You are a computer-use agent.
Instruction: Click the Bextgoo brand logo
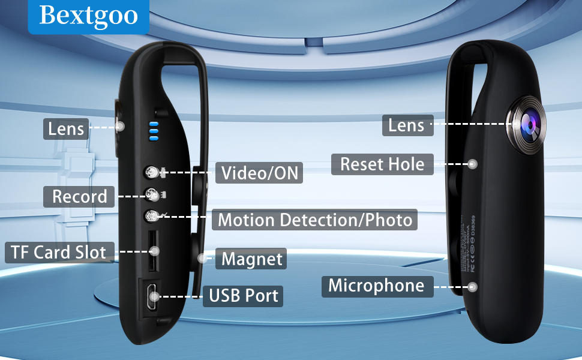[88, 16]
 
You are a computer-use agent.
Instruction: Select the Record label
[79, 196]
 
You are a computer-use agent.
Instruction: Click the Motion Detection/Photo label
[315, 220]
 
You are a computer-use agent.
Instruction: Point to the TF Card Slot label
[58, 252]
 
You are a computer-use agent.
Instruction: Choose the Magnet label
[251, 259]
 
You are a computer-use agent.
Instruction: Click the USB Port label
[243, 296]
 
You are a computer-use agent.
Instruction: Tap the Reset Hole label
[382, 164]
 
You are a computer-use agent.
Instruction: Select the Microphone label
[376, 286]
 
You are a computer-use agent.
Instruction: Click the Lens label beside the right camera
[406, 125]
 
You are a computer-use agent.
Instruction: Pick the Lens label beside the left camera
[65, 128]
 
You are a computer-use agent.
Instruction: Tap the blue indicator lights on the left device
[154, 130]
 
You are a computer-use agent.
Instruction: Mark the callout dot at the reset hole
[473, 163]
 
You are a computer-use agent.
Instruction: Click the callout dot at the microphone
[473, 287]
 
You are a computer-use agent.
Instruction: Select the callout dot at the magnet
[202, 259]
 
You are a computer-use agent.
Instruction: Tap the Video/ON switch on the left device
[153, 173]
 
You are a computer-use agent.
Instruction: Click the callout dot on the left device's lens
[120, 126]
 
